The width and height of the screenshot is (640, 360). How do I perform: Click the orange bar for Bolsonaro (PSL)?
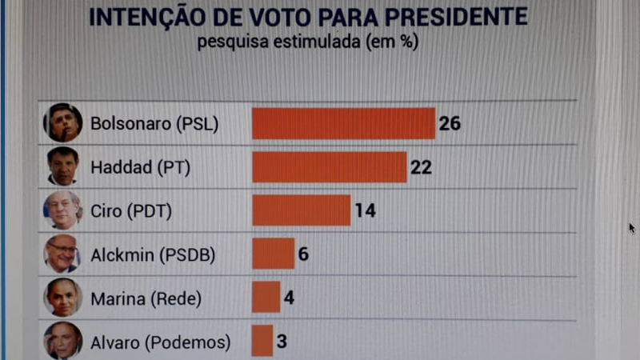(343, 123)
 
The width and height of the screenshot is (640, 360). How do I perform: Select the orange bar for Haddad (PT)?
(329, 167)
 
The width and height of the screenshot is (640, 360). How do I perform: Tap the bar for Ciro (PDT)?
(301, 210)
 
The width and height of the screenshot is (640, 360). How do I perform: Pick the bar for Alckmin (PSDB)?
(273, 254)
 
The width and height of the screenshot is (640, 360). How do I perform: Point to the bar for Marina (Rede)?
(266, 298)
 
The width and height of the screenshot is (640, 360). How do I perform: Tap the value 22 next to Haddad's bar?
(422, 167)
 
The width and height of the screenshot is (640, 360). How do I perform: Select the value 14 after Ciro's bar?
(366, 210)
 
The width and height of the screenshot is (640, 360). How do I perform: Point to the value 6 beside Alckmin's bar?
(303, 254)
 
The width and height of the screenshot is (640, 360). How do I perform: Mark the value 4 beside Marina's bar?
(289, 298)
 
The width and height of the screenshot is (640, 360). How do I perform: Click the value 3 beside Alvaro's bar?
(282, 342)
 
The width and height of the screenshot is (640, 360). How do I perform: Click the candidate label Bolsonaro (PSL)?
(154, 124)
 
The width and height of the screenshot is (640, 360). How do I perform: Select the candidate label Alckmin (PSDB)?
(153, 255)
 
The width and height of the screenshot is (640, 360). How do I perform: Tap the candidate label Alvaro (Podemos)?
(161, 342)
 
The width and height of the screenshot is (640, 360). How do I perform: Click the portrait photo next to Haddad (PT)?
(63, 166)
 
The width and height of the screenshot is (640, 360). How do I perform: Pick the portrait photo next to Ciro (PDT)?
(63, 210)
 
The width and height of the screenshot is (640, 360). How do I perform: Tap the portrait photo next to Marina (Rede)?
(63, 298)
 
